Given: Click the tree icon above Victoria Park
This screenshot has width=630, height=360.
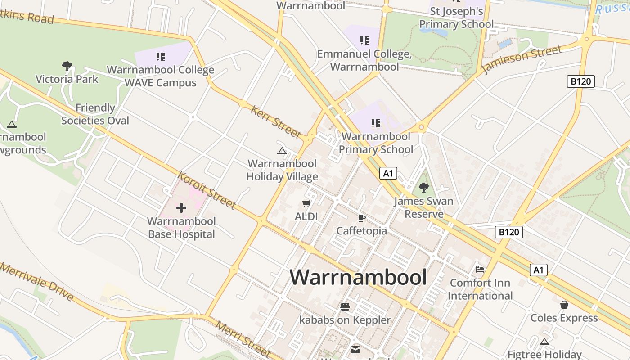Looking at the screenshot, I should [x=67, y=66].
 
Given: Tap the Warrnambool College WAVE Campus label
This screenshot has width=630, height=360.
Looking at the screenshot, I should [x=160, y=76].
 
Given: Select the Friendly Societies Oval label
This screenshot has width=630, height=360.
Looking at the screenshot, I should [x=95, y=114].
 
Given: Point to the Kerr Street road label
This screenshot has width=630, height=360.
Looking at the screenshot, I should [x=275, y=121].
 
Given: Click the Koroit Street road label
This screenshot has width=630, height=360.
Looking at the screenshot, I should [x=207, y=190].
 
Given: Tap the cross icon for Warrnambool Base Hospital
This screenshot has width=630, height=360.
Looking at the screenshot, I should [x=181, y=208].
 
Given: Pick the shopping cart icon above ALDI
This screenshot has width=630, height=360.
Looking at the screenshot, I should [x=306, y=204].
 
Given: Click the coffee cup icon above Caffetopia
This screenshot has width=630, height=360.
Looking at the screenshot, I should [x=361, y=218].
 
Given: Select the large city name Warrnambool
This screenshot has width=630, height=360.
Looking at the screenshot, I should [x=358, y=277].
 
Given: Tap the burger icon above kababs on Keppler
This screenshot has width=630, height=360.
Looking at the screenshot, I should [x=345, y=307].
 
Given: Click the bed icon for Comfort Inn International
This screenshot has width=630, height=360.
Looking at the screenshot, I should [x=480, y=270].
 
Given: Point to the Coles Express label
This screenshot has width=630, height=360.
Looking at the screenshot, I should [x=564, y=318].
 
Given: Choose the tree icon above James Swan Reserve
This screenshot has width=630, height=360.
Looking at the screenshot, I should [x=423, y=188].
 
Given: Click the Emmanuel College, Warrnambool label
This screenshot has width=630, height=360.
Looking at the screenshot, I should [x=364, y=60].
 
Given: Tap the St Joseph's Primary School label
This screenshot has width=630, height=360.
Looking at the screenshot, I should [x=456, y=17].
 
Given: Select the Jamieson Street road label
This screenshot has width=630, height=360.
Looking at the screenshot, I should [x=522, y=59].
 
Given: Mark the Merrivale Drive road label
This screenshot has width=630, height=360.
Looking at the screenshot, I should [x=37, y=281].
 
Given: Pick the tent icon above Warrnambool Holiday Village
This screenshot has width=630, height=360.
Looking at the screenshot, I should [x=282, y=151].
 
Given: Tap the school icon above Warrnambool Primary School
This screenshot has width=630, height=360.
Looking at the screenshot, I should [x=376, y=123].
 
